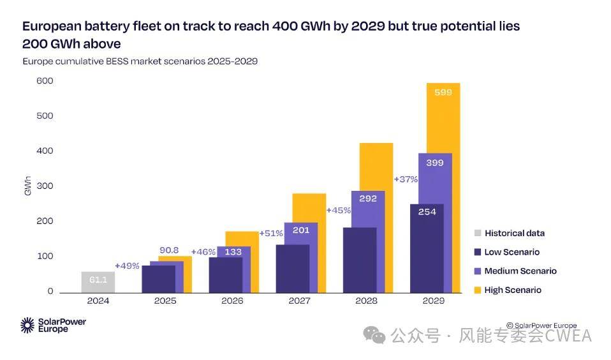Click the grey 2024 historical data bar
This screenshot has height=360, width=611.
click(98, 281)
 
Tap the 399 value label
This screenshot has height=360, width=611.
click(434, 163)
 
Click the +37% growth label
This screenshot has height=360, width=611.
click(406, 179)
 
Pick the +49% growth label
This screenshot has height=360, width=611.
click(127, 266)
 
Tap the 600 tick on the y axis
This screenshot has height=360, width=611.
click(45, 81)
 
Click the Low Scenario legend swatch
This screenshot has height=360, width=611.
click(477, 252)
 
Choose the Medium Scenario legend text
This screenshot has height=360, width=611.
click(520, 271)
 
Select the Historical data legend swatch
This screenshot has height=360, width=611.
click(477, 233)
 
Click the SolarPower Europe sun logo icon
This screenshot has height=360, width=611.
click(27, 325)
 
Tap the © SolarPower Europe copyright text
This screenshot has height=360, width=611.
click(541, 326)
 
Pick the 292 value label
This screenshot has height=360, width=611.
click(367, 199)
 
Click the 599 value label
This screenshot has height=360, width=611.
click(443, 92)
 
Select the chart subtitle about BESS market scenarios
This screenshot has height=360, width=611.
click(140, 61)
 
